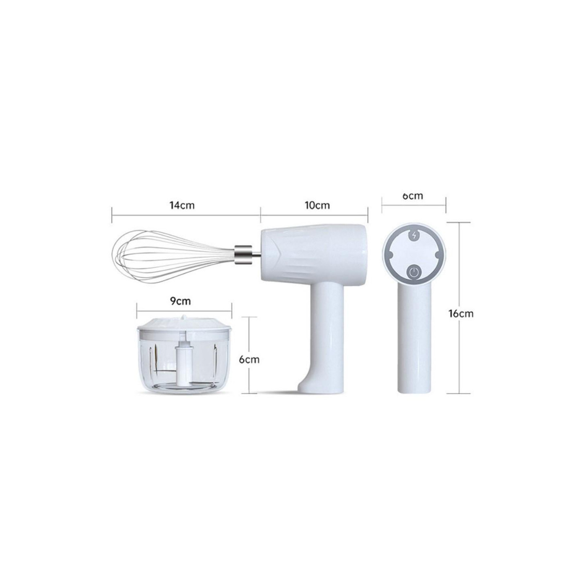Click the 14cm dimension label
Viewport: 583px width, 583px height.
coord(182,205)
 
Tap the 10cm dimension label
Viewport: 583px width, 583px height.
coord(317,205)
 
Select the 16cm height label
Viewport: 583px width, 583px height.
coord(461,313)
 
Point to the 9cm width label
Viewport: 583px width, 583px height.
coord(180,301)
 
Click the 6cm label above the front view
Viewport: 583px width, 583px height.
coord(413,196)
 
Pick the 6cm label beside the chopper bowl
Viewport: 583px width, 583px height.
coord(249,359)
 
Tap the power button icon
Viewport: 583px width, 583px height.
coord(413,272)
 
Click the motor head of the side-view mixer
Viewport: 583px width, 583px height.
coord(314,255)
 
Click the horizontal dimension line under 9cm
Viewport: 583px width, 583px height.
coord(184,311)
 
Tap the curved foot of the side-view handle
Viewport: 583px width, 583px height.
coord(308,385)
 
